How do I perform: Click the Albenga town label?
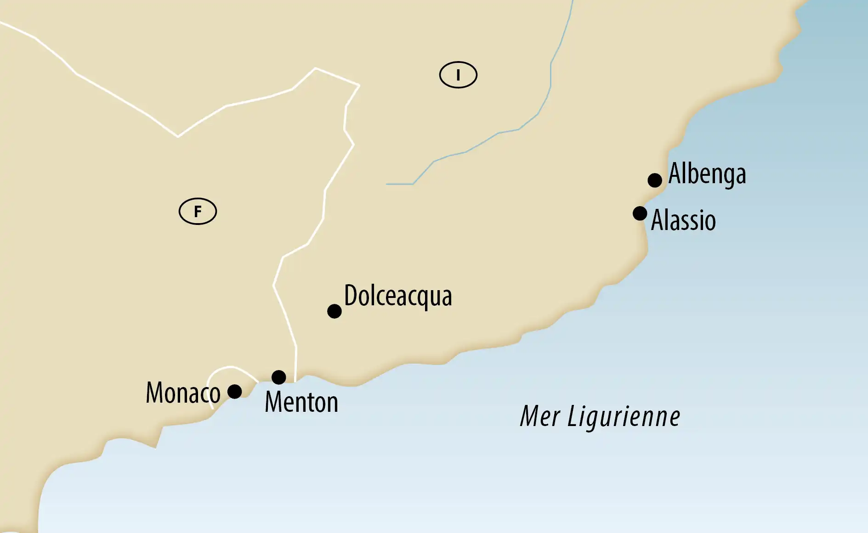pyautogui.click(x=707, y=174)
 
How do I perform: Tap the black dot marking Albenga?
pyautogui.click(x=655, y=180)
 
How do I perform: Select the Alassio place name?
pyautogui.click(x=683, y=220)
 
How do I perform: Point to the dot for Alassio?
pyautogui.click(x=640, y=213)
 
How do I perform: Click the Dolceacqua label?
pyautogui.click(x=398, y=296)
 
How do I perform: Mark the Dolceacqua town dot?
pyautogui.click(x=335, y=311)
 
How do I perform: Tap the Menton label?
pyautogui.click(x=301, y=403)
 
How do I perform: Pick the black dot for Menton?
pyautogui.click(x=279, y=377)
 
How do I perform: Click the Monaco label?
pyautogui.click(x=183, y=393)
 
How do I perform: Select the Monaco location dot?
pyautogui.click(x=235, y=392)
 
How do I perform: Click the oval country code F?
pyautogui.click(x=198, y=211)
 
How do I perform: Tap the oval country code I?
pyautogui.click(x=458, y=75)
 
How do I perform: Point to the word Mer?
pyautogui.click(x=540, y=416)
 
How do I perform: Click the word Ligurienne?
pyautogui.click(x=624, y=417)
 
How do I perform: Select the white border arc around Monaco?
pyautogui.click(x=230, y=367)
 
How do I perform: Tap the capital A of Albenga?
pyautogui.click(x=675, y=173)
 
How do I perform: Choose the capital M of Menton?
pyautogui.click(x=274, y=403)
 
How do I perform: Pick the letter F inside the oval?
pyautogui.click(x=198, y=211)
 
